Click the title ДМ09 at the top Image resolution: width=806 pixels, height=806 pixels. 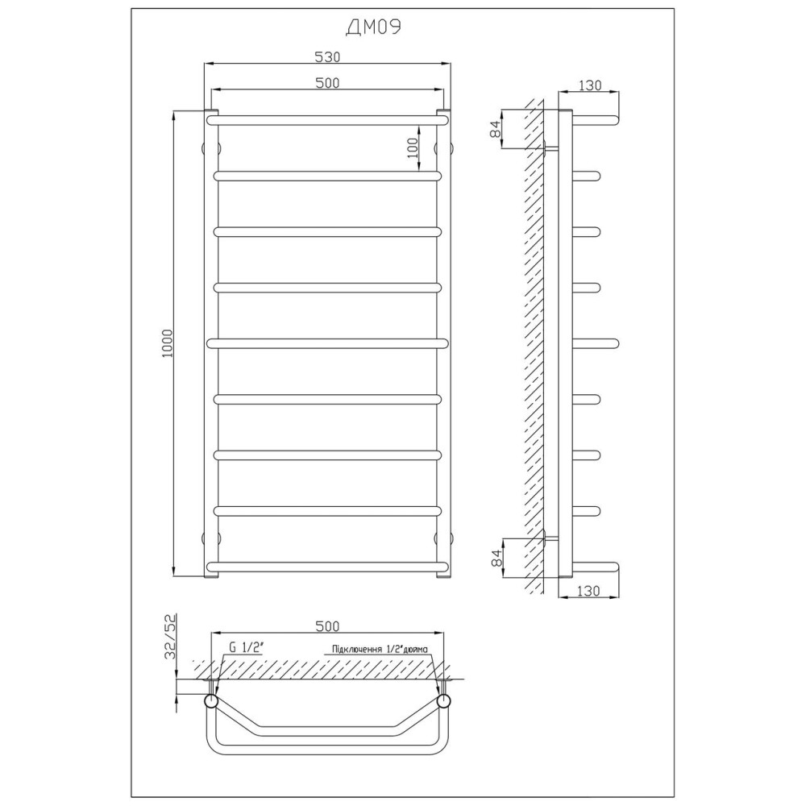pyautogui.click(x=374, y=27)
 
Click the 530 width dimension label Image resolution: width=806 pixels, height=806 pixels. pyautogui.click(x=327, y=57)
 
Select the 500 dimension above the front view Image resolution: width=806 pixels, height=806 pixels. pyautogui.click(x=327, y=83)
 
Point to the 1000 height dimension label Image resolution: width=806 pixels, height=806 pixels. pyautogui.click(x=168, y=344)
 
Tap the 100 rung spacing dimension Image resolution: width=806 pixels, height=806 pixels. pyautogui.click(x=413, y=148)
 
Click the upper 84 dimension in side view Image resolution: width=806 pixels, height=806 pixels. pyautogui.click(x=496, y=128)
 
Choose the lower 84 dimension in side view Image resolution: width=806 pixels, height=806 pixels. pyautogui.click(x=496, y=557)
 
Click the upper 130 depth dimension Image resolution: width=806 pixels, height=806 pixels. pyautogui.click(x=589, y=85)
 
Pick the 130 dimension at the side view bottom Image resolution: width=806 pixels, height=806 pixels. pyautogui.click(x=588, y=591)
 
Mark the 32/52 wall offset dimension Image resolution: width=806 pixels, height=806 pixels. pyautogui.click(x=170, y=637)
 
